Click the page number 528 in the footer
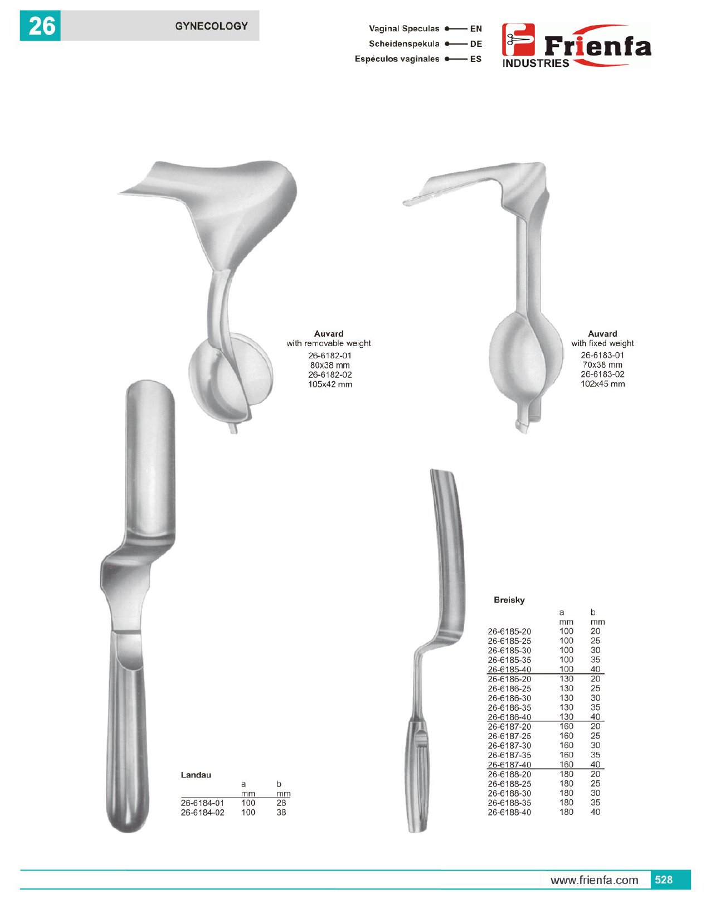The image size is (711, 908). (664, 880)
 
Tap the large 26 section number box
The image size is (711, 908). (40, 26)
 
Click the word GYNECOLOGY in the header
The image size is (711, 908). (211, 26)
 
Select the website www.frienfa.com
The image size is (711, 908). (594, 880)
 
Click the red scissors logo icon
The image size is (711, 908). (518, 40)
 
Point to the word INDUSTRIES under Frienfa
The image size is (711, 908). (535, 63)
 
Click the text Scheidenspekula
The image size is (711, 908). (404, 44)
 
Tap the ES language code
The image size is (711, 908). (476, 59)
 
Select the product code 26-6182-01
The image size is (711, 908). (330, 356)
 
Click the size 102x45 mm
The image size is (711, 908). (602, 384)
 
